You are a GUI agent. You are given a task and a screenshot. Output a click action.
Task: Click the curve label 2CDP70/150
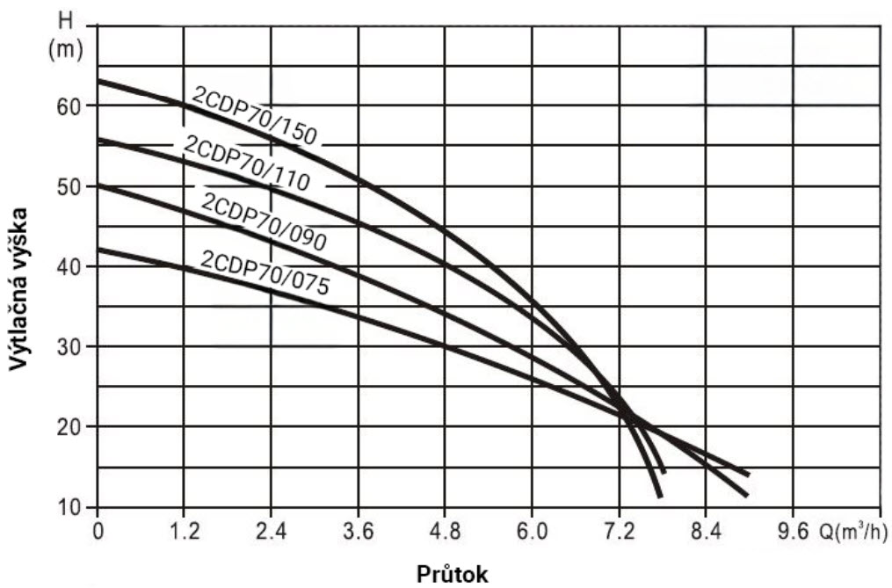253,115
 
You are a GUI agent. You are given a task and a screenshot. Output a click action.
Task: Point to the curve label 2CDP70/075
269,273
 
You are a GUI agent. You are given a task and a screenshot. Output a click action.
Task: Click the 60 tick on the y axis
72,105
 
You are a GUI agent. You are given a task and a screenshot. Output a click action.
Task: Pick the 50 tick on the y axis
72,186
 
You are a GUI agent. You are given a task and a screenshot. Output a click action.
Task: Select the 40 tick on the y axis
72,266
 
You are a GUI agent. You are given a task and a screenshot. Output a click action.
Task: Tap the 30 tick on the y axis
72,346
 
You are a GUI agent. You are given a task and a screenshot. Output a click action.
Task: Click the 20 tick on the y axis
72,426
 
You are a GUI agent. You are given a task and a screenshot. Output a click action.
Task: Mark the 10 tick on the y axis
72,507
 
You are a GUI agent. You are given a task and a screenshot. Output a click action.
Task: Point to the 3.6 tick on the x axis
357,532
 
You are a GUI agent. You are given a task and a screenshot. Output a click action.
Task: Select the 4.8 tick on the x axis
444,532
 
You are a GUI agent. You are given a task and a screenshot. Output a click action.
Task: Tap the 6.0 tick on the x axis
531,532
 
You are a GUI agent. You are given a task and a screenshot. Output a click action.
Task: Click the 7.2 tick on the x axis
619,532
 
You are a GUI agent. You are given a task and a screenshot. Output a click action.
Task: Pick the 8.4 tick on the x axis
706,532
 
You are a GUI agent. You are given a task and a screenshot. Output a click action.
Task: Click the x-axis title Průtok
448,573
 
